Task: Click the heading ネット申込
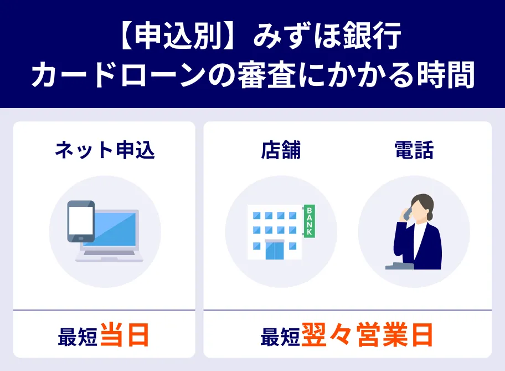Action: coord(104,150)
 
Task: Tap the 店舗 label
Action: coord(281,150)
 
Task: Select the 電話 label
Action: coord(414,150)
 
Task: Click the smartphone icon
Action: coord(81,221)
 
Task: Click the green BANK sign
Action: coord(309,221)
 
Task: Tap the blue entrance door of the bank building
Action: coord(274,250)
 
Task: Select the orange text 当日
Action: coord(125,336)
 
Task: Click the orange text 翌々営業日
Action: coord(367,336)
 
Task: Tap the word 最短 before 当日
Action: coord(78,337)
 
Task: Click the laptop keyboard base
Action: coord(109,257)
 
